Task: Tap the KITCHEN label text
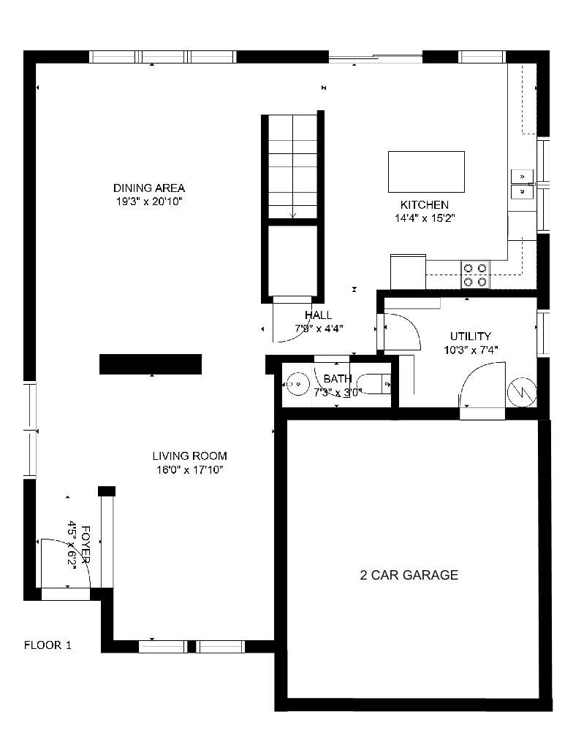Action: tap(424, 205)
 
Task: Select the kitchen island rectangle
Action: tap(425, 172)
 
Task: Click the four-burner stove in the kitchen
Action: tap(475, 274)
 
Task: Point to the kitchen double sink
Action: tap(521, 183)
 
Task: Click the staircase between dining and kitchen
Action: tap(292, 166)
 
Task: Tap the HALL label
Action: tap(319, 315)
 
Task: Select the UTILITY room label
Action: tap(470, 337)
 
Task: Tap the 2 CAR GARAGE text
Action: tap(409, 575)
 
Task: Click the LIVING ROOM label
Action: tap(190, 456)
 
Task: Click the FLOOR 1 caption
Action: tap(48, 645)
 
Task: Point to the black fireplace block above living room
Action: tap(151, 364)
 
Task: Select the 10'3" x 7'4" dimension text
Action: tap(470, 350)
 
